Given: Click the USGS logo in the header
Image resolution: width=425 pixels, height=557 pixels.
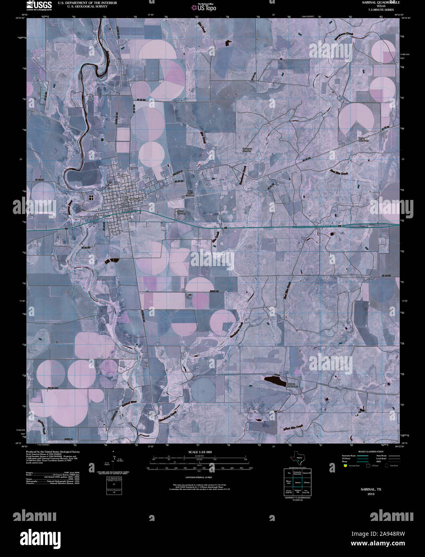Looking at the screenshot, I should pyautogui.click(x=39, y=5).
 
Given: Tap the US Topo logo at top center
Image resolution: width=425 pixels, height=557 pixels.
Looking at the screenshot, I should pyautogui.click(x=204, y=8).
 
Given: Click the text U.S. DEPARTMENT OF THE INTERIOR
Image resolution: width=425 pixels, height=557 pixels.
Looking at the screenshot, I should pyautogui.click(x=87, y=2).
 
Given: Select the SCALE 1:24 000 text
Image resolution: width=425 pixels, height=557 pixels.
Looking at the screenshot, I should pyautogui.click(x=199, y=452).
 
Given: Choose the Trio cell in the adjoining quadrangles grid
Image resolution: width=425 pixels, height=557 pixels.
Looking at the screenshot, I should pyautogui.click(x=288, y=474).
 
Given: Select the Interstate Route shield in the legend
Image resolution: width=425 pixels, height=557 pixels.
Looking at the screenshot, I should pyautogui.click(x=344, y=466).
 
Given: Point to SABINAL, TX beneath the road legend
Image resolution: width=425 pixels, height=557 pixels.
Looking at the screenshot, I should pyautogui.click(x=370, y=489).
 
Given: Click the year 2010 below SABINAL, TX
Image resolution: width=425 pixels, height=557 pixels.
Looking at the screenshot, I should pyautogui.click(x=370, y=494).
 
